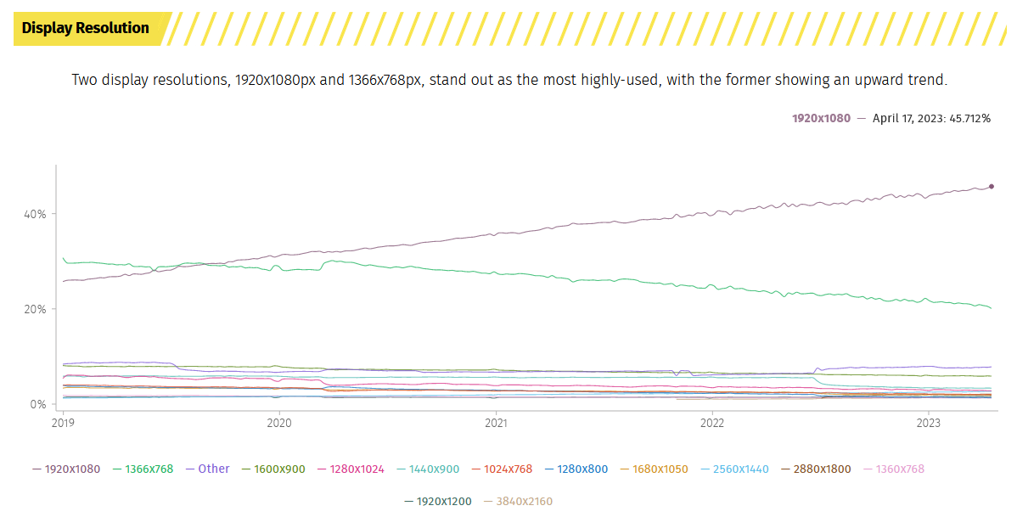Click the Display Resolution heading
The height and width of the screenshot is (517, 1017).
85,28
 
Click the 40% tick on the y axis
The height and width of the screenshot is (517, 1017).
35,214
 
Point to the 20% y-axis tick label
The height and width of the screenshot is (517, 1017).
35,309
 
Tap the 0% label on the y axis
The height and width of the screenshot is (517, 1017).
38,405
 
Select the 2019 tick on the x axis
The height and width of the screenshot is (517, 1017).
63,422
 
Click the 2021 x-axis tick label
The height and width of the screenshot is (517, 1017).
496,422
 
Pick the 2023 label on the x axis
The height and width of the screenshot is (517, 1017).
929,422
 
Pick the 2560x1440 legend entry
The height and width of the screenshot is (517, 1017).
736,469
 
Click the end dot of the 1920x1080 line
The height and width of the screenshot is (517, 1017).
992,187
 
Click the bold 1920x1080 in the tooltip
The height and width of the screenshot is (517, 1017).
821,119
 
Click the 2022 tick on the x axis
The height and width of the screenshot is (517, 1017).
712,422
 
